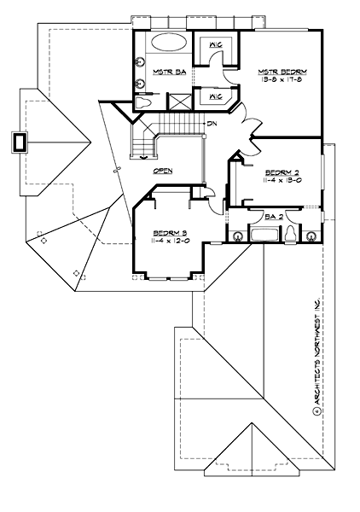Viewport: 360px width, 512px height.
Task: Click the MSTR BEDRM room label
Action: pyautogui.click(x=283, y=71)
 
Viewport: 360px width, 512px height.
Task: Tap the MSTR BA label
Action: pyautogui.click(x=163, y=73)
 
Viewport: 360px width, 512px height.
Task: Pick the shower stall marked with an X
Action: pyautogui.click(x=177, y=104)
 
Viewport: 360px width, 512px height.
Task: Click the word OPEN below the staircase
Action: pyautogui.click(x=163, y=171)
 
